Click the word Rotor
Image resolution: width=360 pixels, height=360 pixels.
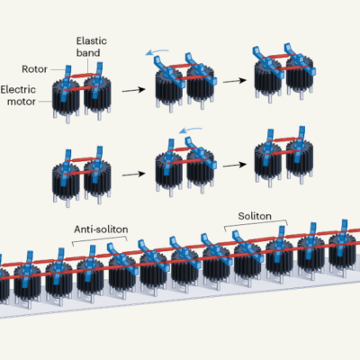click(34, 69)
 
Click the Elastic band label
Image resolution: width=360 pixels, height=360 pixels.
click(92, 47)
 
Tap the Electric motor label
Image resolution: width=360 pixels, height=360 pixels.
click(18, 95)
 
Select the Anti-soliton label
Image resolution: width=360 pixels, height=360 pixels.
click(101, 229)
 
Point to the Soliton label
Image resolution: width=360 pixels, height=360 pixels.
click(255, 216)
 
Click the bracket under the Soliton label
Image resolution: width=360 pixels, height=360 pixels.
click(256, 222)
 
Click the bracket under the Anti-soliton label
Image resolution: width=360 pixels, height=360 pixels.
click(100, 238)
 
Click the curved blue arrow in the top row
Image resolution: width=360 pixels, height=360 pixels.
click(157, 52)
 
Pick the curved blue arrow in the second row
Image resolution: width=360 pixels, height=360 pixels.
click(190, 130)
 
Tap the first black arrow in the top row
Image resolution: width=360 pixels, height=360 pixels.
click(134, 90)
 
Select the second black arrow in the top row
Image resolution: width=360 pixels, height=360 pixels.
click(235, 81)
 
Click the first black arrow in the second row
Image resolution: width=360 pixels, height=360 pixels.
click(134, 174)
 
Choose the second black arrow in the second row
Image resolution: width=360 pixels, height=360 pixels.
click(235, 165)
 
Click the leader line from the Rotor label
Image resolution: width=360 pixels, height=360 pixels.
click(58, 69)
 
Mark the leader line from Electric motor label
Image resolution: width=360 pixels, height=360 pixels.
click(45, 102)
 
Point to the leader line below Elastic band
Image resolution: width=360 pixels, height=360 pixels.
click(87, 66)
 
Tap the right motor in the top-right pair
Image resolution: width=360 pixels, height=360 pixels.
click(300, 77)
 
